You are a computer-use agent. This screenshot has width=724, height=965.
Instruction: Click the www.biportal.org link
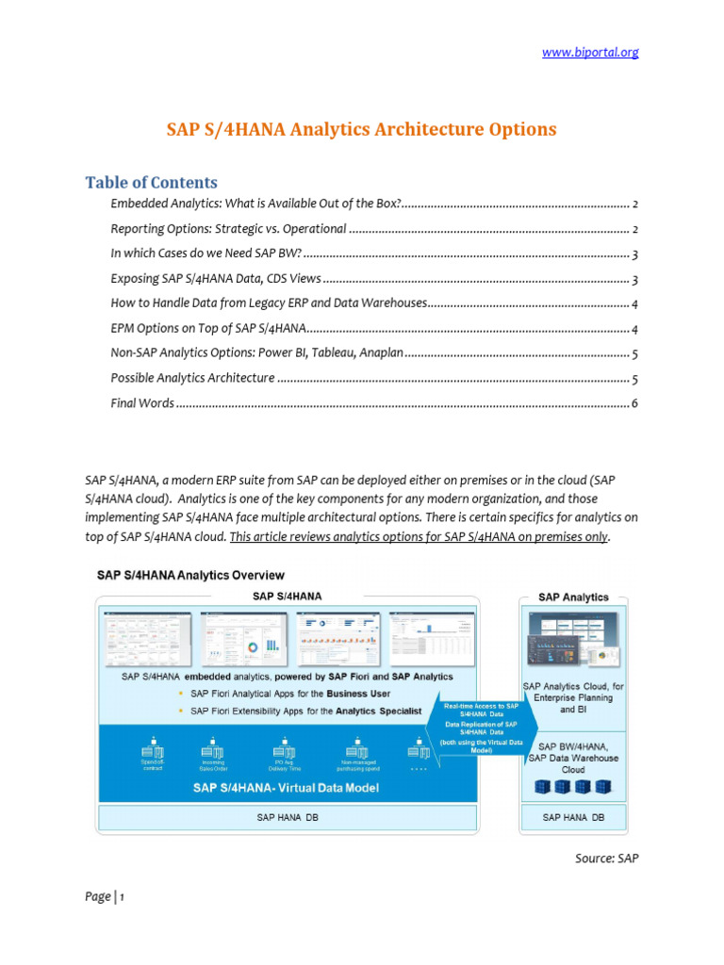590,52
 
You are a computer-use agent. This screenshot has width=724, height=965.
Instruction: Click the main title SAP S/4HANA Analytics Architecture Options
362,129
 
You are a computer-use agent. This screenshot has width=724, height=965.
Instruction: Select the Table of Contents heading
151,182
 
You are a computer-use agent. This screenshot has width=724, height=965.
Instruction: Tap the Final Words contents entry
142,403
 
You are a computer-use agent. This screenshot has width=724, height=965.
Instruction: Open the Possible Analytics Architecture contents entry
192,378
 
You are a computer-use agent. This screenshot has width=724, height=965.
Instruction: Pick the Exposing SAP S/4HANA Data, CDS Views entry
216,279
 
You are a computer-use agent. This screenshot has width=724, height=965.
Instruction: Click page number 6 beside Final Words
635,403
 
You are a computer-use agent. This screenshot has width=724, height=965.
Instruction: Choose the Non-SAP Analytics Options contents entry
257,353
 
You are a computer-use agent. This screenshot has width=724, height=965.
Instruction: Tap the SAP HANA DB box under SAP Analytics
573,818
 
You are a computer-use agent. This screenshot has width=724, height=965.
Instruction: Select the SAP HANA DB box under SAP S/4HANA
287,818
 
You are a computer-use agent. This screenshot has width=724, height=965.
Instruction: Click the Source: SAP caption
606,859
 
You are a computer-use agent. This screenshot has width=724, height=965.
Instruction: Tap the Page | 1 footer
105,897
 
